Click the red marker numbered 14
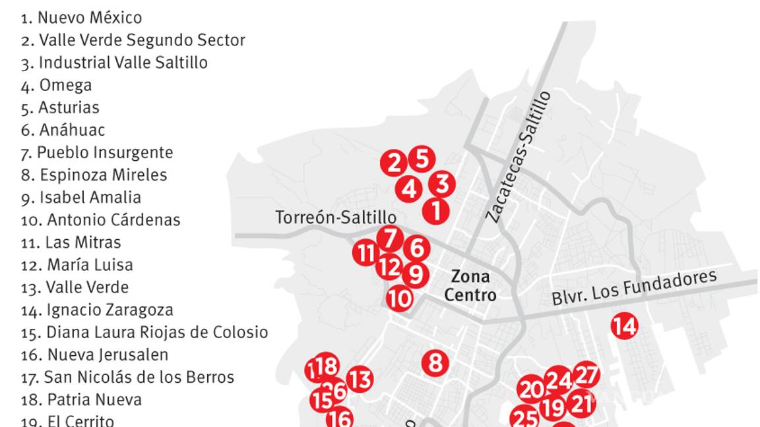click(624, 326)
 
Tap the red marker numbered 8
click(435, 362)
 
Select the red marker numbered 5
click(422, 159)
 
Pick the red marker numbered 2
click(394, 163)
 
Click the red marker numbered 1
click(435, 211)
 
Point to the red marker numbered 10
click(399, 299)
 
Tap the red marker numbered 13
click(360, 380)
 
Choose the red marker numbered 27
click(586, 375)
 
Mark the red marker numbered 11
click(365, 252)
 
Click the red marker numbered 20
click(531, 389)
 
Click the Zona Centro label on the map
click(470, 285)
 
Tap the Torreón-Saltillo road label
click(336, 217)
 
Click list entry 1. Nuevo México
click(81, 18)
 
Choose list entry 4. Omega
click(57, 85)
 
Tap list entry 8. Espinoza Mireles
click(94, 175)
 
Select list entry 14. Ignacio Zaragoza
click(97, 310)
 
